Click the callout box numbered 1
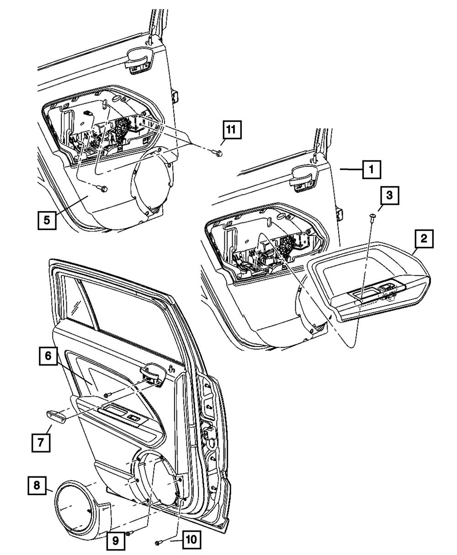point(372,172)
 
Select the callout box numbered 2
point(424,238)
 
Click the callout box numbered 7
point(41,443)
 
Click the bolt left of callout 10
point(159,542)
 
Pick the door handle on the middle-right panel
point(303,175)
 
